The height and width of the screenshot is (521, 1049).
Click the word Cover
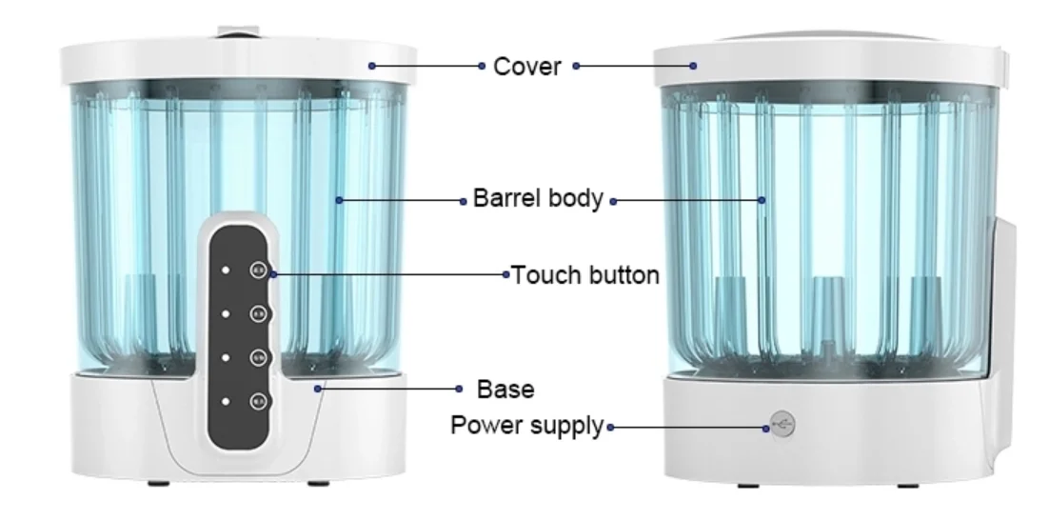[526, 67]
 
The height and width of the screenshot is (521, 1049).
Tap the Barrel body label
[538, 199]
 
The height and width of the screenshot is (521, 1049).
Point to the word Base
[505, 389]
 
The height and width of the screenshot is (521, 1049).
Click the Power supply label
[526, 425]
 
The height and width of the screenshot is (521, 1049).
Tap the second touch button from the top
[257, 313]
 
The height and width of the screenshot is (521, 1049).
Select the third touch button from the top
[257, 357]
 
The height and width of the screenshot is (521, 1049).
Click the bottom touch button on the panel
[257, 401]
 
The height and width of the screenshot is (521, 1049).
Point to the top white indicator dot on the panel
[226, 270]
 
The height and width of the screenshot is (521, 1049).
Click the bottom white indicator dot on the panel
[226, 401]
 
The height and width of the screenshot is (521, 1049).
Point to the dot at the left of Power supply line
[609, 427]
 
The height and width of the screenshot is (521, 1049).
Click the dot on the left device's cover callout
[372, 66]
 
